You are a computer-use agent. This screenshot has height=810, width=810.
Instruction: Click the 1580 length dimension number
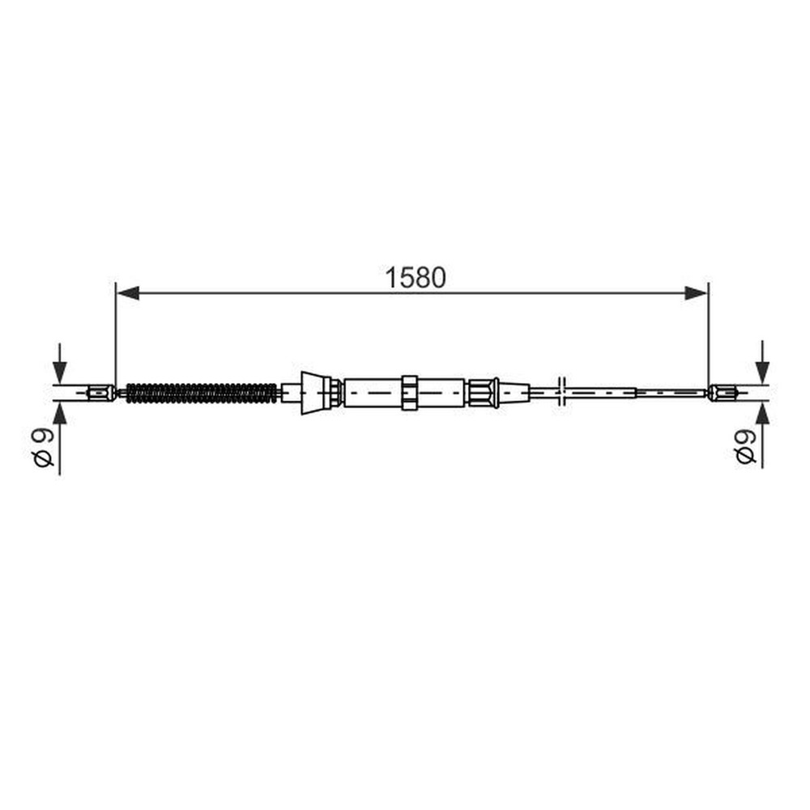pyautogui.click(x=416, y=277)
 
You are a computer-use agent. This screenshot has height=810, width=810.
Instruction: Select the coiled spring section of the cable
pyautogui.click(x=202, y=393)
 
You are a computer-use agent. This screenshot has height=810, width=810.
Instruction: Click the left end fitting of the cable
pyautogui.click(x=99, y=393)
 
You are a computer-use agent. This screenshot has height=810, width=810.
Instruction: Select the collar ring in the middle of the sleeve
pyautogui.click(x=409, y=393)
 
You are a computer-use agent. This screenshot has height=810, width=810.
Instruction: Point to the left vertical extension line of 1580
pyautogui.click(x=116, y=340)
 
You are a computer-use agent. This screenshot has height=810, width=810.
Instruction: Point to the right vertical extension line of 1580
pyautogui.click(x=709, y=340)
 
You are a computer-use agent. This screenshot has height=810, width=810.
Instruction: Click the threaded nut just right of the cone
pyautogui.click(x=333, y=393)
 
